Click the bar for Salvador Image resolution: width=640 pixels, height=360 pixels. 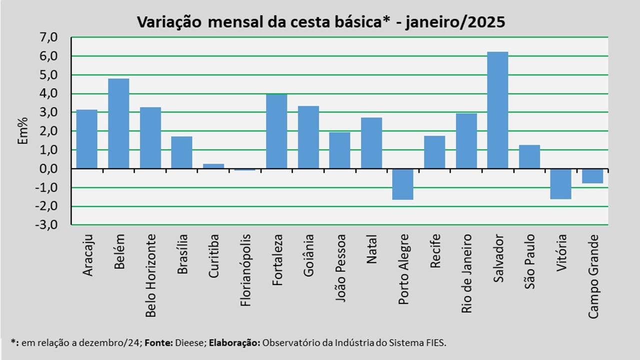[497, 110]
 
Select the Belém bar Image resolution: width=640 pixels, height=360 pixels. [118, 123]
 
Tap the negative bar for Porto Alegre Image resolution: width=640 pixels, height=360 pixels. [402, 184]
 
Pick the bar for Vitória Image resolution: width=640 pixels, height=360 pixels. [560, 183]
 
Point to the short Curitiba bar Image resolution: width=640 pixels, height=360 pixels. [213, 166]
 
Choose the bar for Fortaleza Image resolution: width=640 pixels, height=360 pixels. [276, 131]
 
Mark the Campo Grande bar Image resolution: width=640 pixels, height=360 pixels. [592, 176]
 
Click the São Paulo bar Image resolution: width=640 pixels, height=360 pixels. [529, 156]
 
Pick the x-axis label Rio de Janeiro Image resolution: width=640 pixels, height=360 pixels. [466, 273]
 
